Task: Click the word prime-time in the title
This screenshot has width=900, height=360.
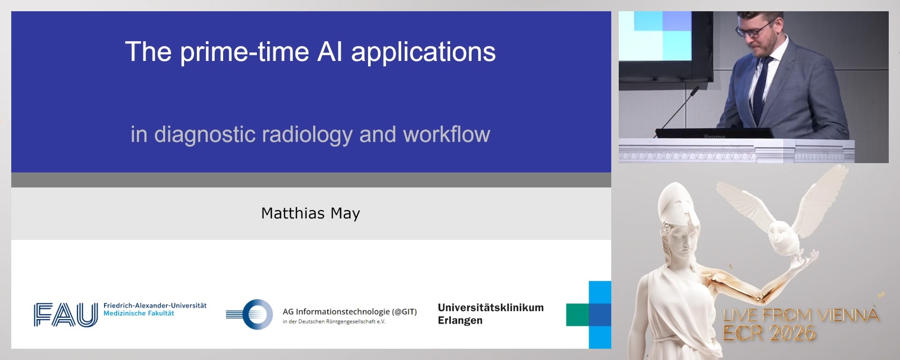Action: point(244,52)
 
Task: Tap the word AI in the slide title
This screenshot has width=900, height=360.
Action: point(330,52)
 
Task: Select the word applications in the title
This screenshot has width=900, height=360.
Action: point(423,52)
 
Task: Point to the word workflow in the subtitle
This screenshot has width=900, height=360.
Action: point(446,135)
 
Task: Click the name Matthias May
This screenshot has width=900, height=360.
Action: point(310,213)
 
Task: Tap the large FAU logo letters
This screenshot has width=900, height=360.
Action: point(66,315)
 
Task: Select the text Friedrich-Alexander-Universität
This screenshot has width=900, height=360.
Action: point(155,306)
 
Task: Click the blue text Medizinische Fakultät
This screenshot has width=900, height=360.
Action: point(139,314)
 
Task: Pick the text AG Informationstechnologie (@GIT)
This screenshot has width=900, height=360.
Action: point(349,312)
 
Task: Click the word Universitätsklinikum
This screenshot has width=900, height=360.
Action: point(490,308)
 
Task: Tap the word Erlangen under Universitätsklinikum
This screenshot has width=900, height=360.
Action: point(460,321)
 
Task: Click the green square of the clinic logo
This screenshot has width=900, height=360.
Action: point(577,315)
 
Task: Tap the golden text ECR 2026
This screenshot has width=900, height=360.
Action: point(769,333)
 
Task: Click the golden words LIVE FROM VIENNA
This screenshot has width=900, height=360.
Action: point(801,315)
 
